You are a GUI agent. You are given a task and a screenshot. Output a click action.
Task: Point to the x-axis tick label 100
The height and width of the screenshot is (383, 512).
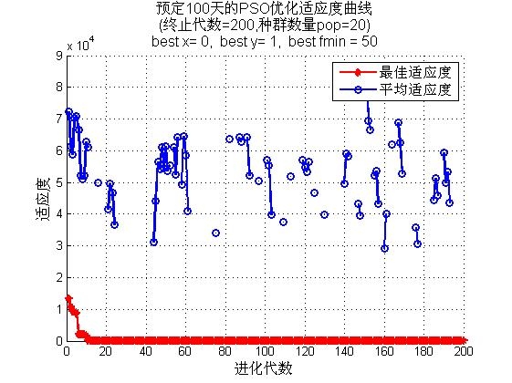pos(265,351)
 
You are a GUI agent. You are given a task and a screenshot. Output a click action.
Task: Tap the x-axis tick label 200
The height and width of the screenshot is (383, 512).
pos(464,351)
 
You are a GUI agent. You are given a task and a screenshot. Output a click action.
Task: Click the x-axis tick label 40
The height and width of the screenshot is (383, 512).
pos(145,351)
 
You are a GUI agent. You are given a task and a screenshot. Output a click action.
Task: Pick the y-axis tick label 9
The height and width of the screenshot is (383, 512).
pos(59,56)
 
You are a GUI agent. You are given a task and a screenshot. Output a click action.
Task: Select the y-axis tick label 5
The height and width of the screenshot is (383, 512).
pos(59,182)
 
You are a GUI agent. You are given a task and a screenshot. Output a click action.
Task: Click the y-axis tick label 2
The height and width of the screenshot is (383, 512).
pos(59,277)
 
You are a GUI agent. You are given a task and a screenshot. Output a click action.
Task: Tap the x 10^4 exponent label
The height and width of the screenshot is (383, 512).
pos(80,44)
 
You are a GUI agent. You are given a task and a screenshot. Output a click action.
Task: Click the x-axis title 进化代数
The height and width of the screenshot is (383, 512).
pos(263,368)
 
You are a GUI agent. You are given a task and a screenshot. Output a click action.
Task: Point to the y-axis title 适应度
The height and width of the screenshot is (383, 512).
pos(43,199)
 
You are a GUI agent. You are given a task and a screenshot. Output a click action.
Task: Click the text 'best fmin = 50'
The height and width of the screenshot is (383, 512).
pos(333,41)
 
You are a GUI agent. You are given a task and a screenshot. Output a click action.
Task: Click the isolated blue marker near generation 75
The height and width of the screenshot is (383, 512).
pos(215,233)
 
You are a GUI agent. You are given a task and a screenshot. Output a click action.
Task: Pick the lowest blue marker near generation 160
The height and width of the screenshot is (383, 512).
pos(384,249)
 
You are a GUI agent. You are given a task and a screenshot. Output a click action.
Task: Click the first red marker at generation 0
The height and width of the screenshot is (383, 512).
pos(68,298)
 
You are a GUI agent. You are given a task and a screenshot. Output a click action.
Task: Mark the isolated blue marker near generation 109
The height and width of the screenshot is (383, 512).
pos(284,223)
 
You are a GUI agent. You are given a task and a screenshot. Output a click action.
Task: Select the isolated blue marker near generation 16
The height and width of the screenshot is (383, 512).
pos(98,182)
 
